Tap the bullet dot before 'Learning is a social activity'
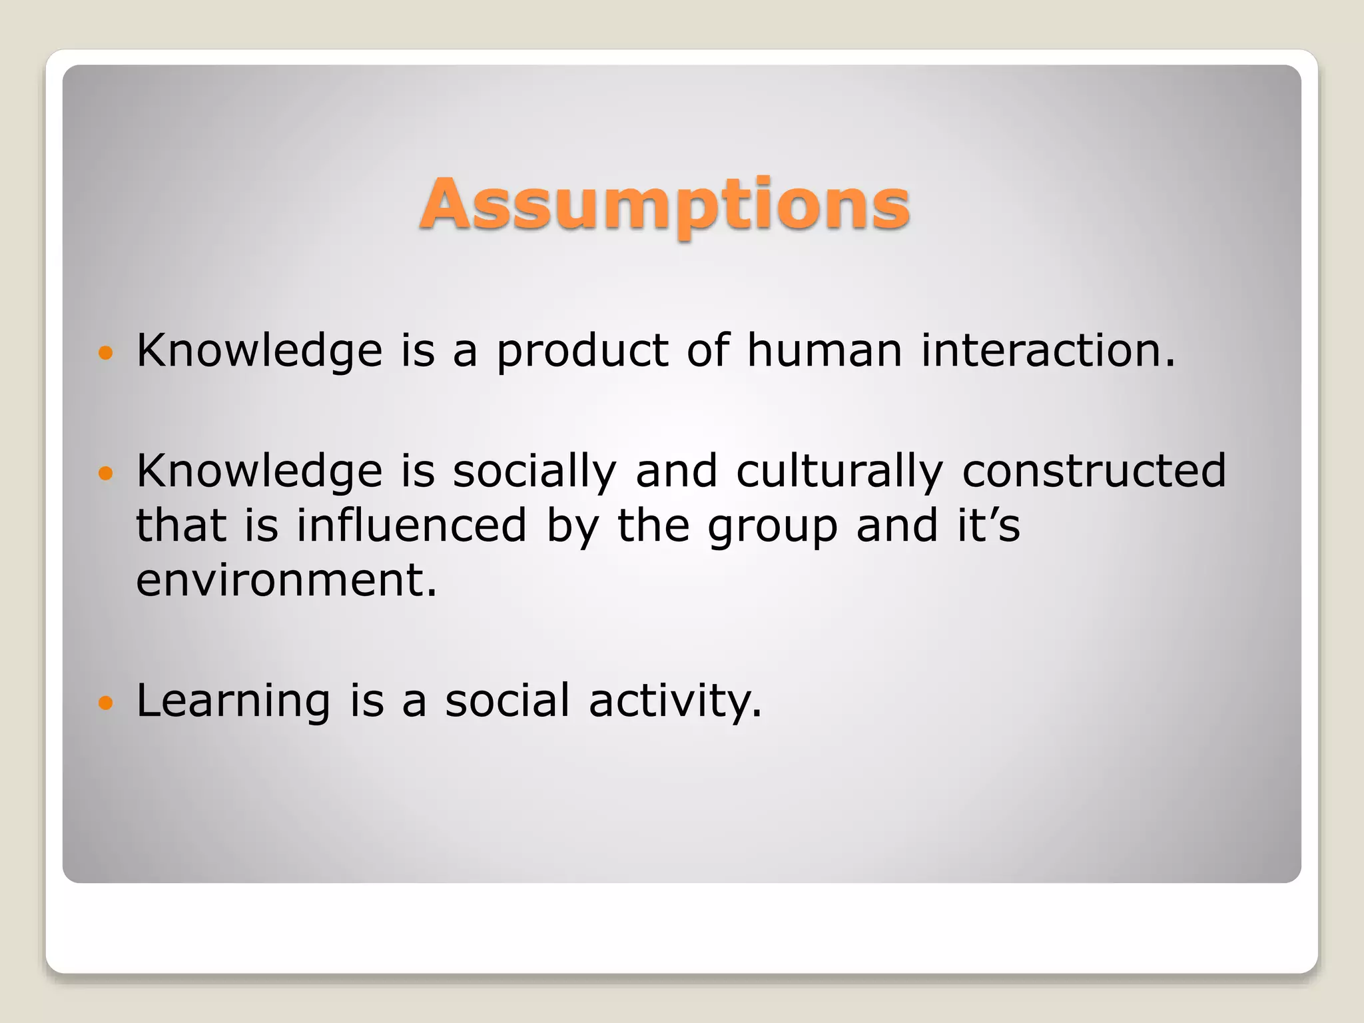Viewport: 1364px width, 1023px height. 106,702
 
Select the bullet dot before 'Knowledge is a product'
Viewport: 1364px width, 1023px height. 106,352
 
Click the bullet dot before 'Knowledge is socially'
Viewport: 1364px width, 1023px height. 106,473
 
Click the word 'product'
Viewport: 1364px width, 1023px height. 582,352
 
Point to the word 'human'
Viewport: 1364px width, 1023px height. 825,350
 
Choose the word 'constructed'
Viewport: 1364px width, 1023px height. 1094,471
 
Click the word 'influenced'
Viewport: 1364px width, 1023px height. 412,525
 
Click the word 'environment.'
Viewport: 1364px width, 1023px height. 286,580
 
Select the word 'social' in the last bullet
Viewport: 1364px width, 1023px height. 508,701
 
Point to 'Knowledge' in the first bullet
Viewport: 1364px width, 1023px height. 260,352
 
